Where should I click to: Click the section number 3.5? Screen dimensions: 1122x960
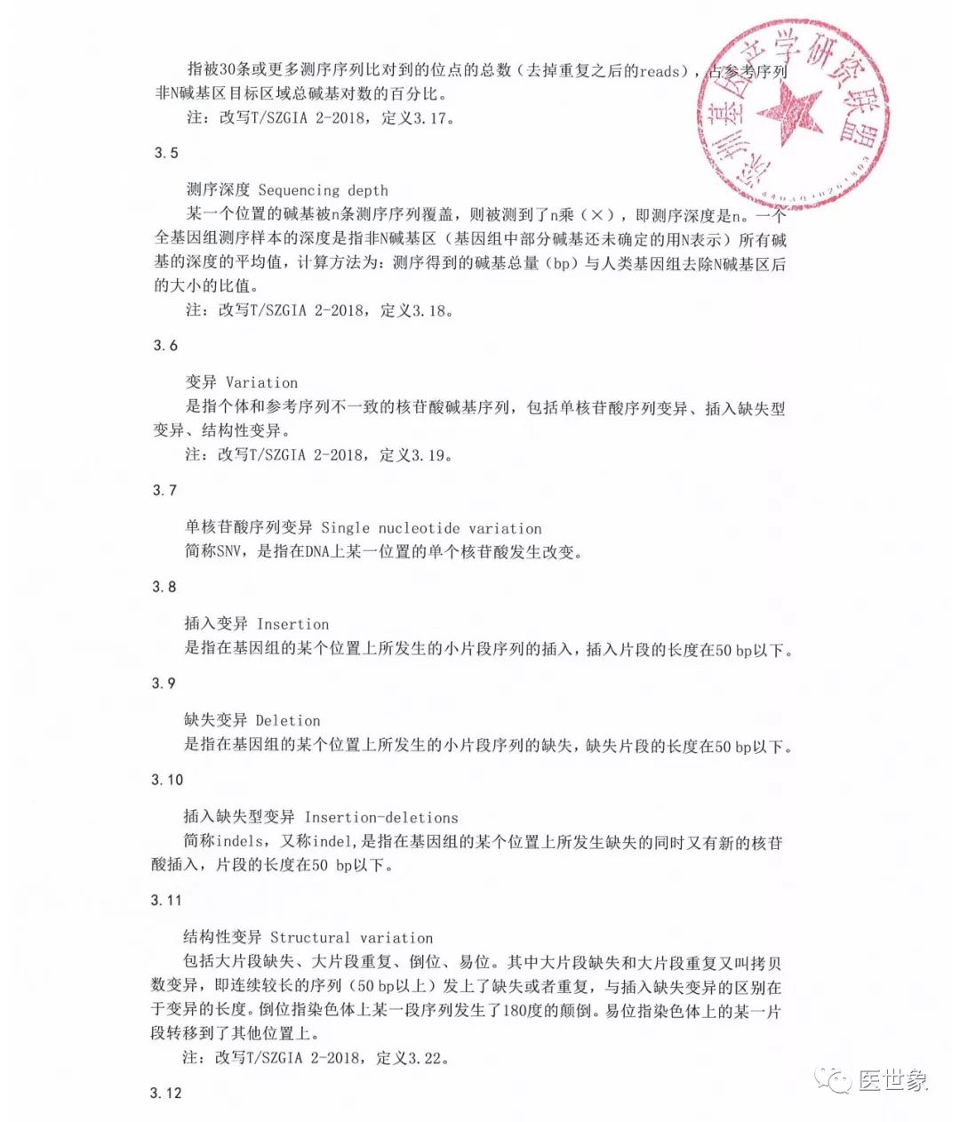tap(166, 153)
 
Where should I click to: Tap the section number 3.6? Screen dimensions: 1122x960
tap(165, 346)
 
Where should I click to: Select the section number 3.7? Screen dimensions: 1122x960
tap(165, 491)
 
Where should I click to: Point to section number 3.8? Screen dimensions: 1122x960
tap(165, 587)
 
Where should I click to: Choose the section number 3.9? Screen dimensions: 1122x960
tap(164, 684)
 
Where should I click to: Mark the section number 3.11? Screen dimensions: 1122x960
tap(167, 901)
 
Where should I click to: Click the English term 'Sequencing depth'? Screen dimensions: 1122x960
tap(323, 190)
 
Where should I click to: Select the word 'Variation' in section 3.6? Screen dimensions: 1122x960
tap(261, 383)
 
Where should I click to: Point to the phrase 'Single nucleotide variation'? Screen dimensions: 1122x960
tap(431, 528)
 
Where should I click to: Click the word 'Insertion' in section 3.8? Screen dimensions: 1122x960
tap(292, 624)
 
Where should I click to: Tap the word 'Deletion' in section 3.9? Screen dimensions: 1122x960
tap(287, 721)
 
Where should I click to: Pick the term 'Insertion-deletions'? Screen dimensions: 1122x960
tap(381, 817)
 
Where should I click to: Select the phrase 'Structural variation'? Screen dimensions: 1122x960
tap(351, 938)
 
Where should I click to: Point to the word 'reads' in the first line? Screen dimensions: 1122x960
tap(659, 70)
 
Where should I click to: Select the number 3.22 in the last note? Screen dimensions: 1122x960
tap(430, 1058)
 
